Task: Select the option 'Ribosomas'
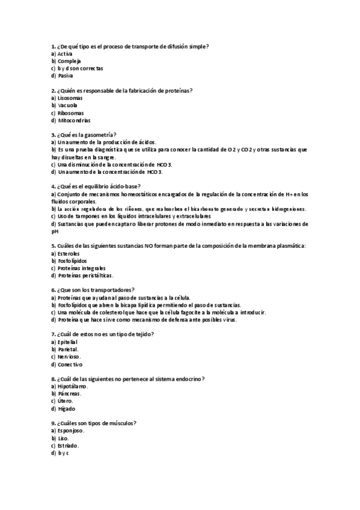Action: [x=70, y=112]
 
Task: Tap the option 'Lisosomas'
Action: [x=70, y=98]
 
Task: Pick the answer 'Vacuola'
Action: [x=68, y=105]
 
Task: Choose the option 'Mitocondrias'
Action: [x=74, y=120]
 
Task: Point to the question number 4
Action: [x=53, y=186]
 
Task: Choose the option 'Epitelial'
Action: [x=68, y=342]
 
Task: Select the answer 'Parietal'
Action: [x=68, y=349]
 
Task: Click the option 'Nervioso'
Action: [x=69, y=356]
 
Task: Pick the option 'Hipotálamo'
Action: [x=72, y=386]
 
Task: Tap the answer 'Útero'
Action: [x=66, y=401]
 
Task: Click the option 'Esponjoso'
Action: [x=71, y=431]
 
